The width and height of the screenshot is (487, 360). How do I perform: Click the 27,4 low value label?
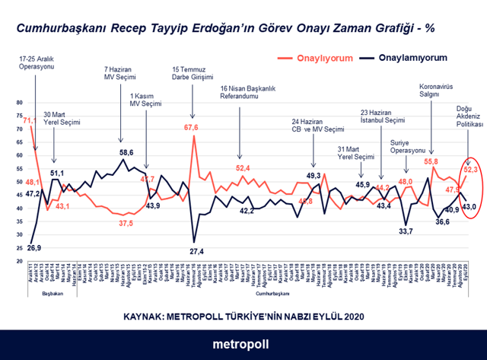(196, 250)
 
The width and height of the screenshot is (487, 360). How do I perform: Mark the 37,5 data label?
(126, 222)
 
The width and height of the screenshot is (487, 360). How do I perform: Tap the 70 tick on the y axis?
(21, 129)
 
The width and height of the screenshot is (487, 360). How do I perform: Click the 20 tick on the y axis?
(21, 262)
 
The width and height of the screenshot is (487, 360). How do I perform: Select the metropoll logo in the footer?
(243, 343)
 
